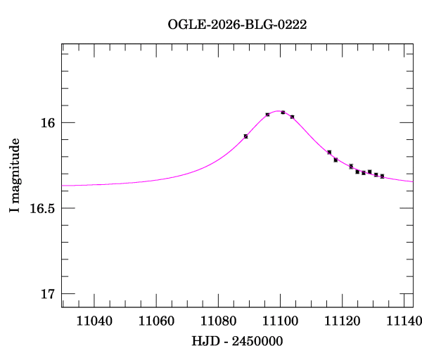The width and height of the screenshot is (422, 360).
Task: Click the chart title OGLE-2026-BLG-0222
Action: coord(237,25)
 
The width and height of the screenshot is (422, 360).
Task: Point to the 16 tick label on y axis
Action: coord(47,123)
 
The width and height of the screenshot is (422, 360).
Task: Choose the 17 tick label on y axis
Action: coord(47,294)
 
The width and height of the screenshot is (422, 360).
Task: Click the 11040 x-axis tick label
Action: coord(94,321)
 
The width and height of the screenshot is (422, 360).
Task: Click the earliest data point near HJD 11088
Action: coord(245,136)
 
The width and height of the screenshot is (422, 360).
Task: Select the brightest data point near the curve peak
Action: coord(283,112)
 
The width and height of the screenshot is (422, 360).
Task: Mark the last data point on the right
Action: coord(382,176)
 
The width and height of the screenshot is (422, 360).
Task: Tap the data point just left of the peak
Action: coord(267,115)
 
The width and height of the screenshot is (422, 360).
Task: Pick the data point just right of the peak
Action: coord(292,117)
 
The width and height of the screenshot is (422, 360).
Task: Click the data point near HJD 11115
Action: coord(329,152)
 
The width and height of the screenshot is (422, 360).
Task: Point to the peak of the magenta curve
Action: coord(281,111)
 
